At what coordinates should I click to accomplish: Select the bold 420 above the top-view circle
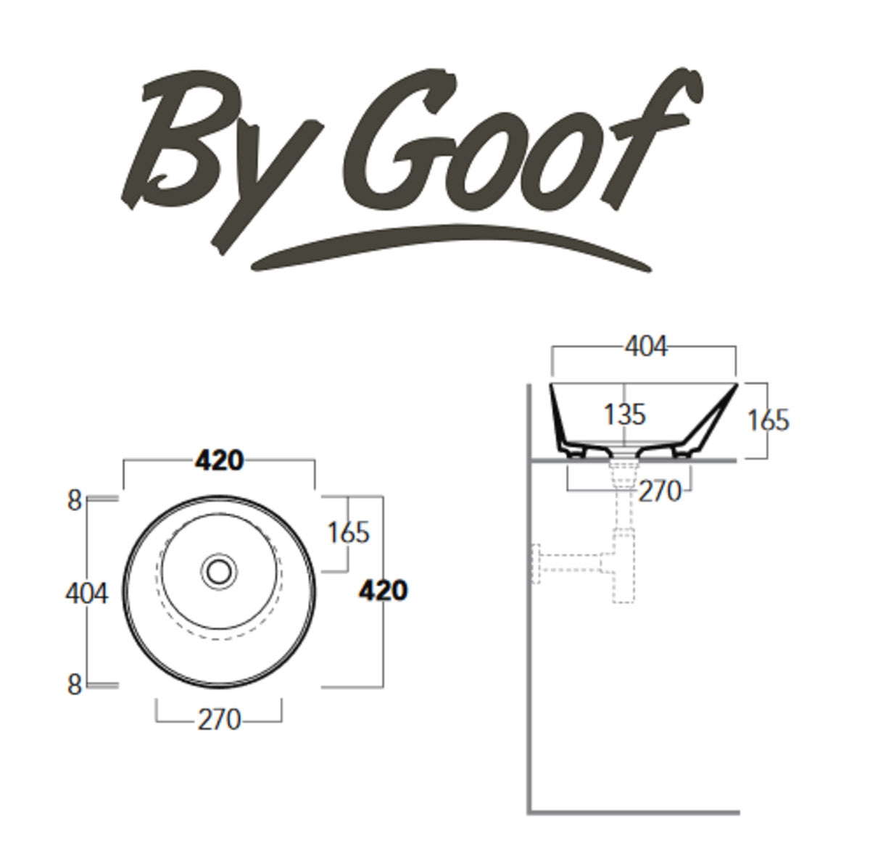[218, 460]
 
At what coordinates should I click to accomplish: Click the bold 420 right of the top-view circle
[383, 591]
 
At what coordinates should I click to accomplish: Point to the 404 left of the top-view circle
[87, 593]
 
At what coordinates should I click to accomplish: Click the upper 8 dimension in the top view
[75, 501]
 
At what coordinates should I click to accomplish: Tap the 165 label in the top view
[349, 533]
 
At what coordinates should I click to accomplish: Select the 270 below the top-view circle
[218, 720]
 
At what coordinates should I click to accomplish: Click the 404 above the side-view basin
[645, 347]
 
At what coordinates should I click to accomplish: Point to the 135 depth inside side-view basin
[624, 415]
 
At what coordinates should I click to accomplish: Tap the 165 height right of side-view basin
[768, 420]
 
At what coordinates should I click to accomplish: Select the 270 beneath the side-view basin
[660, 492]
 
